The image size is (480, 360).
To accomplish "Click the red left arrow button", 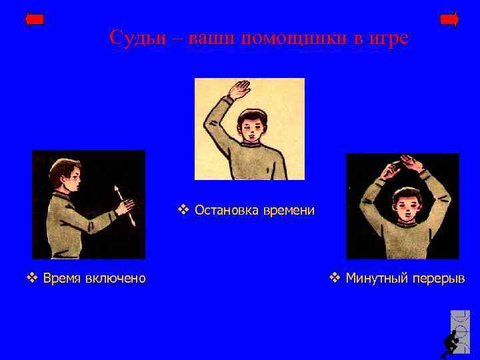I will click(34, 19).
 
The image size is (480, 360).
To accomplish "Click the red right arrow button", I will click(449, 19).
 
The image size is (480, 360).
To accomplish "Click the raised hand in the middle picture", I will click(239, 89).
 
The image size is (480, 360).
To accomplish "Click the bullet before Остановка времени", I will click(183, 211).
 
